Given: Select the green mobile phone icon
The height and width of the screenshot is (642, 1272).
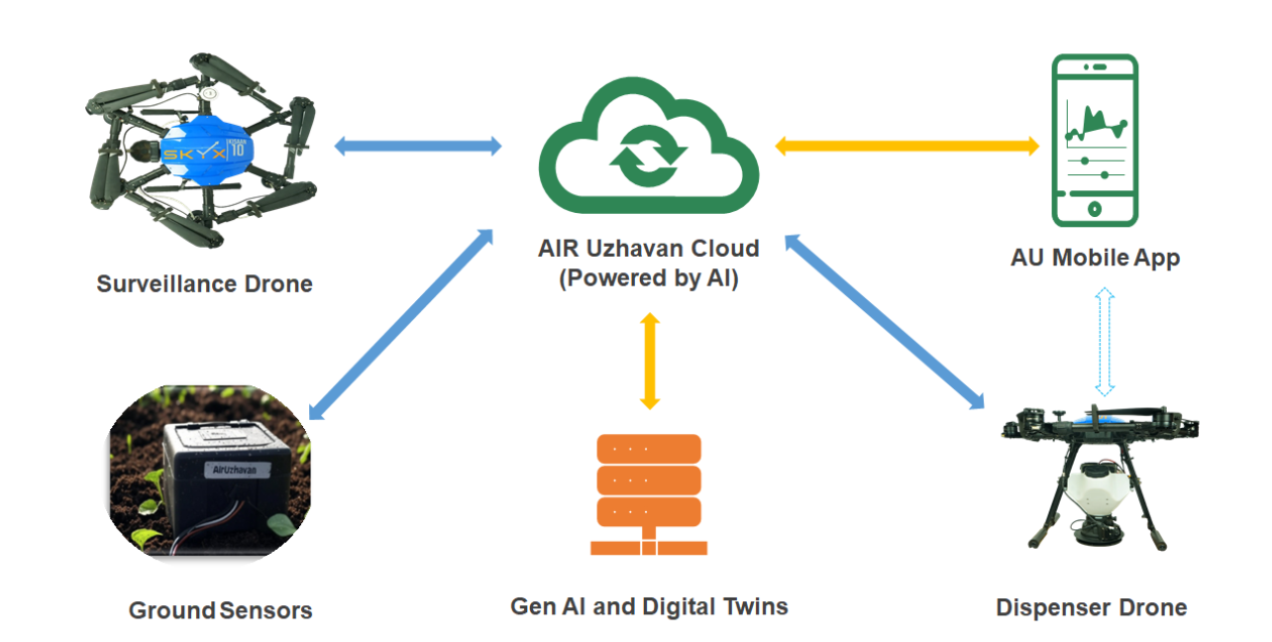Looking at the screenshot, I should pos(1094,140).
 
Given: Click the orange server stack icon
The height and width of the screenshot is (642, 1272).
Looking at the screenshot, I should pos(649,494).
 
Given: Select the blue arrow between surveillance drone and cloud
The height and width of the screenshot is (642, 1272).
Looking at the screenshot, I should pos(418,147).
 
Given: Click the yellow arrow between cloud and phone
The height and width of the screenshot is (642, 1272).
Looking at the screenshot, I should pos(905,147).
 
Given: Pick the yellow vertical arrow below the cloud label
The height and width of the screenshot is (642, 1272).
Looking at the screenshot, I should pos(649,361).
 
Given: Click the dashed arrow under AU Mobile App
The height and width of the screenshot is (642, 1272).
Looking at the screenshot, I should pos(1105,341).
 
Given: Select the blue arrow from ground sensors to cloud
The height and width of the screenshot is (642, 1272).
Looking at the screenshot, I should pos(401,323).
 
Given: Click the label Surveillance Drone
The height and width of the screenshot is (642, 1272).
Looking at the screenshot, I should pos(204,284).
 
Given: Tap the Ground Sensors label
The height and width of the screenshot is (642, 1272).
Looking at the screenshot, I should pos(220,610).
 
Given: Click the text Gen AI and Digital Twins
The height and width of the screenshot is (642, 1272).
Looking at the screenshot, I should pos(649,606).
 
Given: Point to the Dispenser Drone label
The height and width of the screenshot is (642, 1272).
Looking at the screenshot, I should pos(1091,607).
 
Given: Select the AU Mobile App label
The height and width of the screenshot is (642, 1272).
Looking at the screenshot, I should pos(1095,259).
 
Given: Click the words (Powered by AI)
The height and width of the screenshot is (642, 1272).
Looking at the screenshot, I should pos(649,278).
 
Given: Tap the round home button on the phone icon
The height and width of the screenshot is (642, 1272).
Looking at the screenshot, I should pos(1094,208).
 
